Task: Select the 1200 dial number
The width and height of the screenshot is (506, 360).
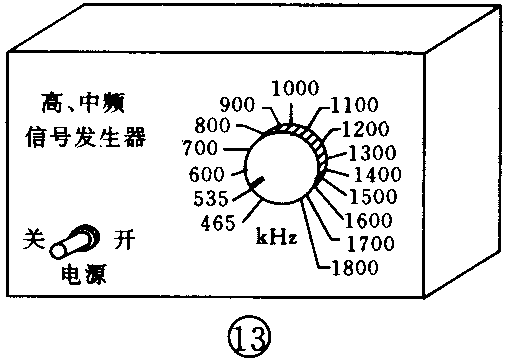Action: [x=367, y=130]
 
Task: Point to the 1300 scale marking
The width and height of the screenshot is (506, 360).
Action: [x=374, y=152]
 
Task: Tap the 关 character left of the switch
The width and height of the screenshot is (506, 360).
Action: [x=32, y=240]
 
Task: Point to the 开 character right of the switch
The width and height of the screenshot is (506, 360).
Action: [x=123, y=240]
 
